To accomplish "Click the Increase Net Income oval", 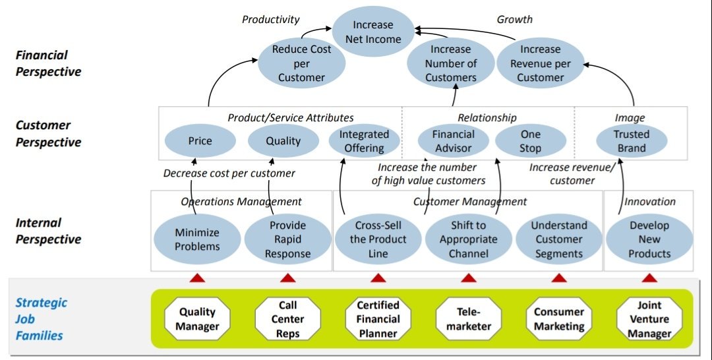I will tap(372, 32).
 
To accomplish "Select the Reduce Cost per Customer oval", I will tap(301, 63).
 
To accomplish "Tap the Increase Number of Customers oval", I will tap(451, 63).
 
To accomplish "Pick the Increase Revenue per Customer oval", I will tap(540, 63).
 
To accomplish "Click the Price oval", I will tap(200, 140).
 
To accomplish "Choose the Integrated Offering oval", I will tap(364, 141).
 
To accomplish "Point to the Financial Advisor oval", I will tap(453, 141).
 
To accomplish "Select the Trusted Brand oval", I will tap(631, 141).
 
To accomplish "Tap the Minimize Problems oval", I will tap(197, 239).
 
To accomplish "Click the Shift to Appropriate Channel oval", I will tap(468, 239).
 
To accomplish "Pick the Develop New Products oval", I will tap(649, 239).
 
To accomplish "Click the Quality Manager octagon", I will tap(197, 319).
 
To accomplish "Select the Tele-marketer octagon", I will tap(469, 319).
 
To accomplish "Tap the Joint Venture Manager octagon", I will tap(649, 319).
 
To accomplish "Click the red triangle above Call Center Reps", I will tap(287, 278).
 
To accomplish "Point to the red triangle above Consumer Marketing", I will tap(559, 278).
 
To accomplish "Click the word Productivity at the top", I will tap(270, 19).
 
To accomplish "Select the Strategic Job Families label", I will tap(41, 319).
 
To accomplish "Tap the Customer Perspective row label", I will tap(48, 133).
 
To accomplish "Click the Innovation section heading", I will tap(649, 201).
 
